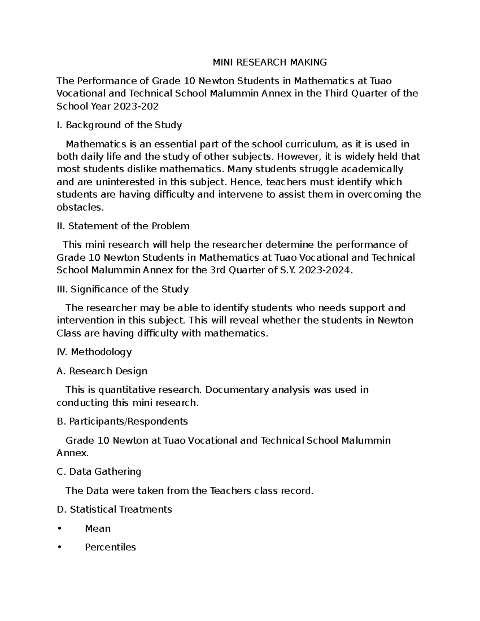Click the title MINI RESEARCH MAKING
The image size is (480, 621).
point(269,62)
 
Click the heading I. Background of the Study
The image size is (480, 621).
point(119,125)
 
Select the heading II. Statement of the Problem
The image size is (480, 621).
point(123,226)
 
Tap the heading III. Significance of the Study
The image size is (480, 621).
point(122,289)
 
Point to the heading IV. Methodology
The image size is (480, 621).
point(94,352)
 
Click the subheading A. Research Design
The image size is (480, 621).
point(102,371)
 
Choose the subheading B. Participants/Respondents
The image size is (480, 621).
point(122,421)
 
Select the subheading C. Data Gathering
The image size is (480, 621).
point(99,471)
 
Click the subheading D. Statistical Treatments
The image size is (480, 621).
point(114,509)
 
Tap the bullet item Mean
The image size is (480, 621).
point(98,529)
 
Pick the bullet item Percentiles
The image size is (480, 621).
point(110,547)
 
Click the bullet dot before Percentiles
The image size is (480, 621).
point(60,547)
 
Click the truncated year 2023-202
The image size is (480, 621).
point(136,106)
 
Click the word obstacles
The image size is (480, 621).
point(80,207)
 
